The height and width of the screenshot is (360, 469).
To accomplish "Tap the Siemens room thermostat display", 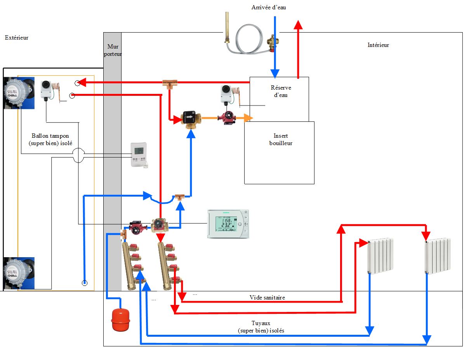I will coord(228,224).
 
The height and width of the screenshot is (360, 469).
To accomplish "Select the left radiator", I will coord(381,256).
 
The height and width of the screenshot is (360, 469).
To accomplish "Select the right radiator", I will coord(438,256).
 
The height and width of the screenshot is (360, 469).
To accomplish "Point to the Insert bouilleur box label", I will coord(281,140).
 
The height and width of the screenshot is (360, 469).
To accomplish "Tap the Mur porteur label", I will coord(112,50).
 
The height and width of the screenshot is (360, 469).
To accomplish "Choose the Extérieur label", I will coord(17,38).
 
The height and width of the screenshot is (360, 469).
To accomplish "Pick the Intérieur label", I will coord(378,45).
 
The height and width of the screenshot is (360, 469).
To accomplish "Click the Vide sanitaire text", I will coord(267,298).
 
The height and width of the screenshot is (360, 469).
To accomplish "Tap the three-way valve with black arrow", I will coord(190,118).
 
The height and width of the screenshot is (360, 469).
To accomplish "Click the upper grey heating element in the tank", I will coord(13,92).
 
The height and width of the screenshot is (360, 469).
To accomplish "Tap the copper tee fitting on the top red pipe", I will coord(170,83).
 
